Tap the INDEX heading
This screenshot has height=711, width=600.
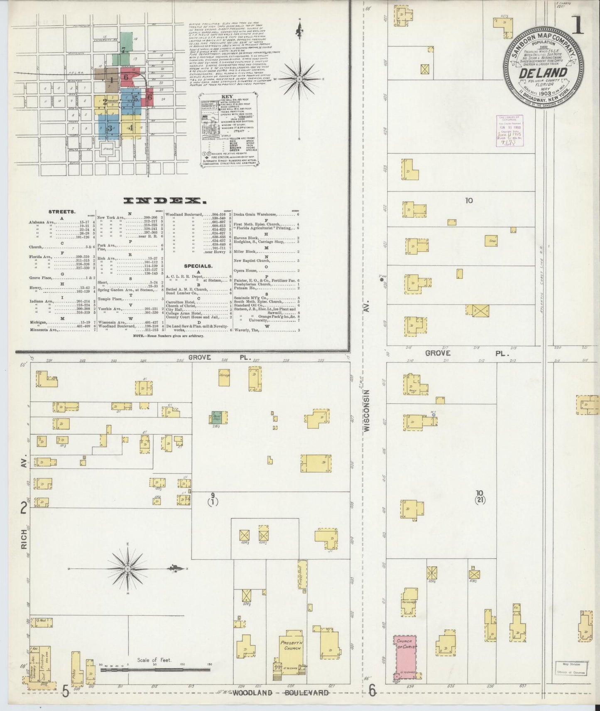click(x=165, y=201)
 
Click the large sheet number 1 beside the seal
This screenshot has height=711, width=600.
click(x=578, y=25)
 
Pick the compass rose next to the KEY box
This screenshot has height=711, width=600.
click(x=299, y=78)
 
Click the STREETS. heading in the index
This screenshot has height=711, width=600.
click(x=62, y=212)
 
